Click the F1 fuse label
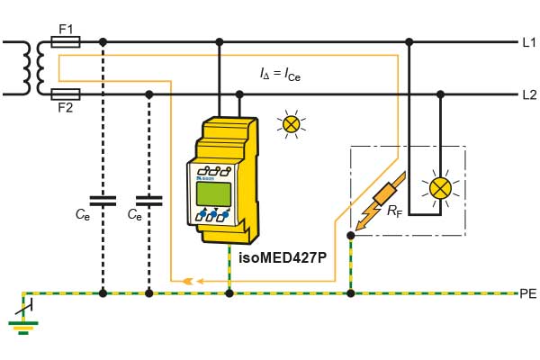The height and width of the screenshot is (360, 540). point(65,29)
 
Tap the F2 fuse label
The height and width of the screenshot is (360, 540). point(65,107)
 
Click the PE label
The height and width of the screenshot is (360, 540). point(528,293)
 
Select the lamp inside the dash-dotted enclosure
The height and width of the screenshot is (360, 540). point(440,187)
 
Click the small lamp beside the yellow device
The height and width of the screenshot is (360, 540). point(291,124)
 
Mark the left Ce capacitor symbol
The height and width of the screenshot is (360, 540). point(103,200)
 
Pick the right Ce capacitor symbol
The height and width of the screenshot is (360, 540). point(149,200)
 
